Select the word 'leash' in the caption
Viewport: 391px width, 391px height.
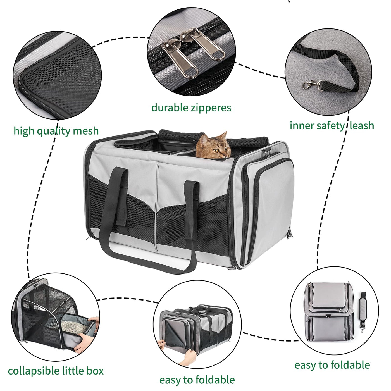point(362,125)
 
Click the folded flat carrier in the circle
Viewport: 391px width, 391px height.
point(329,311)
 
